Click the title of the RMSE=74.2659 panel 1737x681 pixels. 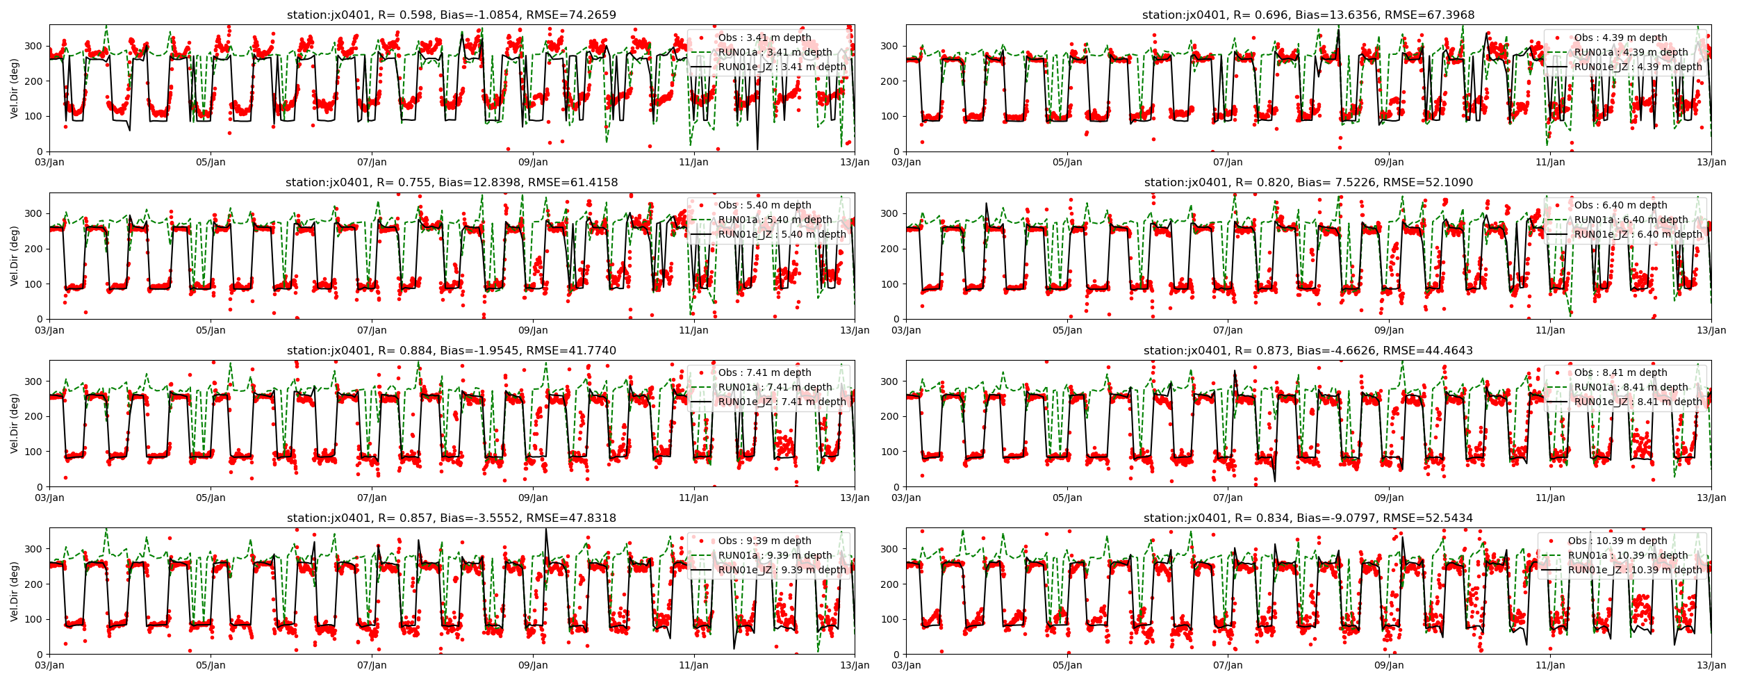coord(451,15)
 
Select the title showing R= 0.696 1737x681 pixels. coord(1308,15)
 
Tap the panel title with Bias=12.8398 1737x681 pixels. coord(451,183)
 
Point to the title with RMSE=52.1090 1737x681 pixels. coord(1308,183)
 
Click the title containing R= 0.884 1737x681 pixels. coord(451,350)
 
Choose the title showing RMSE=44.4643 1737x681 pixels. coord(1308,350)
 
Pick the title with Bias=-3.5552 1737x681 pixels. coord(451,518)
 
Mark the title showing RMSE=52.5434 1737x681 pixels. coord(1308,518)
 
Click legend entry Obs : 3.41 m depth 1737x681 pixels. coord(764,38)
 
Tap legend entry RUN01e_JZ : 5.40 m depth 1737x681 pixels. coord(782,234)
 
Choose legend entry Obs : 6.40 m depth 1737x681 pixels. coord(1620,205)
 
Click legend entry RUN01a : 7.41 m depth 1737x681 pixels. coord(775,387)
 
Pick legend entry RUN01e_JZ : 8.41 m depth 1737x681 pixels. coord(1638,402)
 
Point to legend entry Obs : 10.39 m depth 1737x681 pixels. coord(1617,541)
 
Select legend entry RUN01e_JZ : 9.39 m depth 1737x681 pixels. coord(782,570)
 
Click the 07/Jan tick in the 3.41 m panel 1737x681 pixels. coord(372,162)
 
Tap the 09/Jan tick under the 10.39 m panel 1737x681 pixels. coord(1388,665)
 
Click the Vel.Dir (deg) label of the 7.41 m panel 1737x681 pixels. coord(15,423)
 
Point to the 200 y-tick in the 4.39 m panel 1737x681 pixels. coord(891,81)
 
